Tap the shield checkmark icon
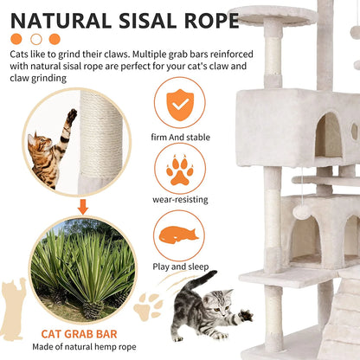pos(179,102)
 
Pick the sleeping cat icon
pos(179,233)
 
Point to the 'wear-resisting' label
pos(179,199)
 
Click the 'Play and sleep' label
pos(179,266)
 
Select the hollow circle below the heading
pos(35,39)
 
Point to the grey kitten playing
pos(205,307)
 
